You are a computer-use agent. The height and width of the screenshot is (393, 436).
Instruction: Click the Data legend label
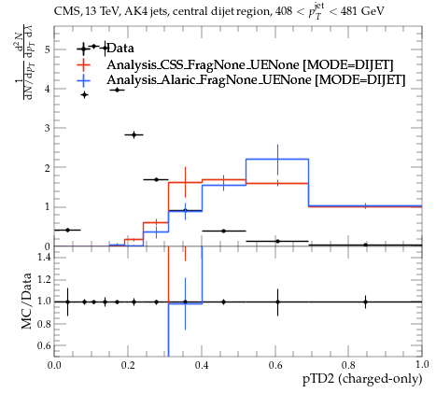(x=120, y=49)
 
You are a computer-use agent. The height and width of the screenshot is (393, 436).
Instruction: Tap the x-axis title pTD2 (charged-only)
(x=362, y=379)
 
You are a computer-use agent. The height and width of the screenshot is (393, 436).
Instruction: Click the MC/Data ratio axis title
(x=26, y=301)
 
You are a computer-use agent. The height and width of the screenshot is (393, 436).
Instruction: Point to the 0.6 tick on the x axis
(x=275, y=365)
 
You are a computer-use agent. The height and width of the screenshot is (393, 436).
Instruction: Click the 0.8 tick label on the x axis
(x=348, y=365)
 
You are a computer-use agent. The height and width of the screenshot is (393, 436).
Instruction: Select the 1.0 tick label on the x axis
(x=422, y=365)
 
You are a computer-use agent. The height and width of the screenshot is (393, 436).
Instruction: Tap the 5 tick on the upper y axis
(x=48, y=49)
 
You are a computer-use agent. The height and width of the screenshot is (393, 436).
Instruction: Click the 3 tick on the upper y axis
(x=48, y=128)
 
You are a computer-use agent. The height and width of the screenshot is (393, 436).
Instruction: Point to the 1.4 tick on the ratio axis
(x=44, y=257)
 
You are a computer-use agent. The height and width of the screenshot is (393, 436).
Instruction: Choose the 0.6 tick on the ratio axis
(x=44, y=345)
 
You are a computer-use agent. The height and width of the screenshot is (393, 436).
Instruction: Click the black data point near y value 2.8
(x=134, y=134)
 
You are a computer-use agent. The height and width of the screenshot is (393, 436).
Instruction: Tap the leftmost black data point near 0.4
(x=67, y=230)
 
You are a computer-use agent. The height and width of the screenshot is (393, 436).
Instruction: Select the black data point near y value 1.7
(x=156, y=179)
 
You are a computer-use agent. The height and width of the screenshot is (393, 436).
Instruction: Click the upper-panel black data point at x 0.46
(x=223, y=231)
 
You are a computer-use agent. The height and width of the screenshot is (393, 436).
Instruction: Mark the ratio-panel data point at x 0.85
(x=365, y=302)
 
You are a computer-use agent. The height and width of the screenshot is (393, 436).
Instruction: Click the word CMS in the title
(x=63, y=11)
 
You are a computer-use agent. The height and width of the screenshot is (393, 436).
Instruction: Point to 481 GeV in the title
(x=362, y=11)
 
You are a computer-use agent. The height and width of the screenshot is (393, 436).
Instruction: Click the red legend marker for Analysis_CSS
(x=83, y=64)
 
